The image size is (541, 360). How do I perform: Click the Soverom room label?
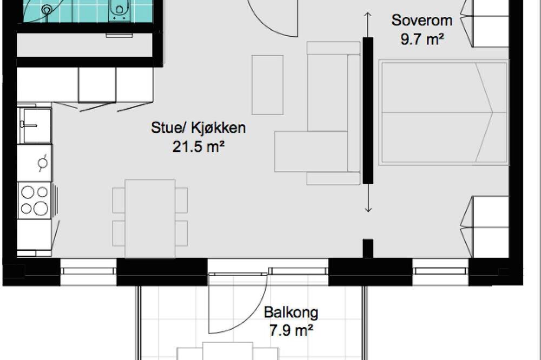[x=422, y=21]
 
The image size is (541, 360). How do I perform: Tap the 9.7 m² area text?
[x=422, y=39]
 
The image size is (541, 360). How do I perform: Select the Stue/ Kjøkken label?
[x=199, y=128]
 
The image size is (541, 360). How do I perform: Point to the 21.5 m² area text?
[x=199, y=147]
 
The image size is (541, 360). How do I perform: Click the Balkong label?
[x=291, y=312]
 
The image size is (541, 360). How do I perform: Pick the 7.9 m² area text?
[x=291, y=331]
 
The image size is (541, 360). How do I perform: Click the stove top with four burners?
[x=35, y=201]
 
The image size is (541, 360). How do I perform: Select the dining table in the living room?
[x=150, y=218]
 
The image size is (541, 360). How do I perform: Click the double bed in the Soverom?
[x=444, y=112]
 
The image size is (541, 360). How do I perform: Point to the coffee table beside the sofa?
[x=267, y=85]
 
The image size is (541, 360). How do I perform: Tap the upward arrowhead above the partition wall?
[x=368, y=15]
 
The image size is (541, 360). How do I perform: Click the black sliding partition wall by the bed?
[x=368, y=110]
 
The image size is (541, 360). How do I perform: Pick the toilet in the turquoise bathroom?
[x=118, y=10]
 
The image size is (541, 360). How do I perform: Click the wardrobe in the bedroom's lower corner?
[x=490, y=227]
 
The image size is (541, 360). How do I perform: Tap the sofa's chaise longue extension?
[x=311, y=151]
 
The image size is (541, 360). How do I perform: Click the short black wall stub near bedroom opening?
[x=368, y=248]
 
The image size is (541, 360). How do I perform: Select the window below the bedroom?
[x=440, y=272]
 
